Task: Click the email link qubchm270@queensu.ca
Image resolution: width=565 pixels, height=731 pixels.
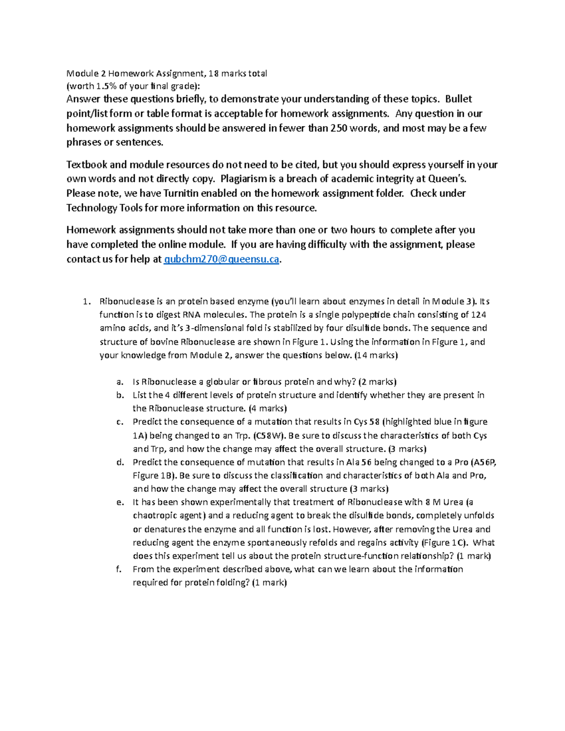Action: click(221, 259)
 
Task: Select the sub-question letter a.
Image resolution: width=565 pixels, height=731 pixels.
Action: click(120, 382)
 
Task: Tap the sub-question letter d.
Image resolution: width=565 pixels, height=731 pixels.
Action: click(120, 462)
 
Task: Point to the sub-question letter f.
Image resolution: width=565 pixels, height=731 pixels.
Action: click(119, 569)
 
